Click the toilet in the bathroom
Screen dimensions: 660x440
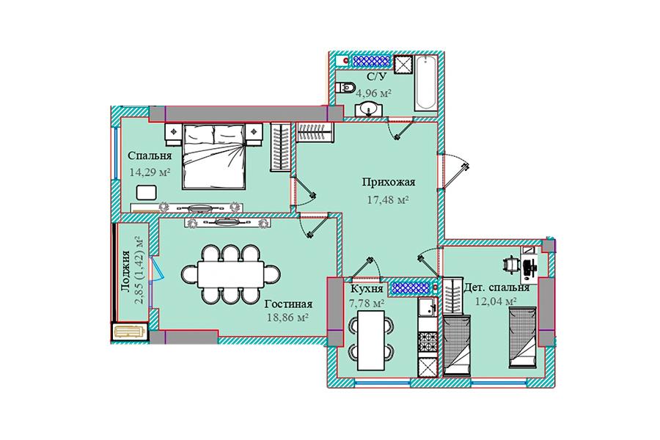(x=346, y=88)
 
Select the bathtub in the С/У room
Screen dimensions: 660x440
(x=425, y=83)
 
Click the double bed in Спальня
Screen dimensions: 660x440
(x=214, y=156)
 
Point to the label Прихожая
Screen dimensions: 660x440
(x=389, y=183)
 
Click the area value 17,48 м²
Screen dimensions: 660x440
(x=389, y=200)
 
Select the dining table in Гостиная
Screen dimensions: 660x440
(x=231, y=274)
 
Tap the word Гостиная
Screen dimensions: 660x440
(x=288, y=304)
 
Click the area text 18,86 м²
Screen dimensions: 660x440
(x=288, y=318)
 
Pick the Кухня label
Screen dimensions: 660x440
(x=367, y=289)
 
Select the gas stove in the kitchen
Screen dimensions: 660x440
(x=428, y=340)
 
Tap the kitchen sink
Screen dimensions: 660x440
(x=428, y=307)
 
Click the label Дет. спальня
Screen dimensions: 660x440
(x=496, y=287)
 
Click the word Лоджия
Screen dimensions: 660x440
(x=125, y=271)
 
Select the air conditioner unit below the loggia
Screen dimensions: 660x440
(x=129, y=331)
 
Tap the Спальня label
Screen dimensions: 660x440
(x=150, y=155)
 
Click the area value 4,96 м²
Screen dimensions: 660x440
(x=374, y=93)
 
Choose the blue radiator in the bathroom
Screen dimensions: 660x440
(x=371, y=61)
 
